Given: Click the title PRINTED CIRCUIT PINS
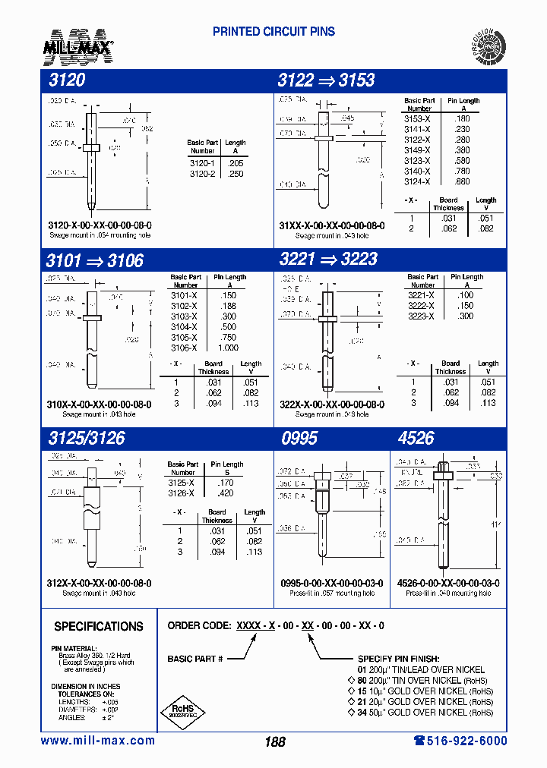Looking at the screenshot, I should coord(273,32).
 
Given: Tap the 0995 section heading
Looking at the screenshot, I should coord(299,438).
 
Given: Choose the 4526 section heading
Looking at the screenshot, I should coord(416,438).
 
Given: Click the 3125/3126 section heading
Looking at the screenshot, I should coord(85,438).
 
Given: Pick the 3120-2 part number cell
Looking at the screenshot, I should coord(202,174).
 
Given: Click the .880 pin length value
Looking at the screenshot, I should coord(462,181).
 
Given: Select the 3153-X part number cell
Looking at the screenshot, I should coord(417,118).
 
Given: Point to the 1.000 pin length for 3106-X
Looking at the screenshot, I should coord(227,348).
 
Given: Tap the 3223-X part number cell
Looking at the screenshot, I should coord(420,316).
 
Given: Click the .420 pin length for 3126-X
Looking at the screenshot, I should coord(226,493).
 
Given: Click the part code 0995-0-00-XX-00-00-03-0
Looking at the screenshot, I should coord(332,583).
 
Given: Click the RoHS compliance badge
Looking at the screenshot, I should coord(182,712).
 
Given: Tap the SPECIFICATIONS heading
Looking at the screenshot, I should coord(99,627).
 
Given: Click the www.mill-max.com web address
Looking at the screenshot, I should coord(98,741).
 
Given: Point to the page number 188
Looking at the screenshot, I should coord(275,741).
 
